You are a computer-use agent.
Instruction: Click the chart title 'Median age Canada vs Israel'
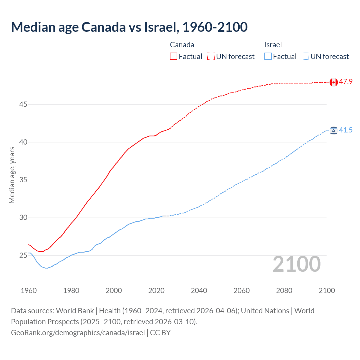point(129,27)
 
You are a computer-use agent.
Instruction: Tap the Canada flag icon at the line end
point(334,82)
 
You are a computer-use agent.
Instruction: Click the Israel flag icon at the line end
point(334,130)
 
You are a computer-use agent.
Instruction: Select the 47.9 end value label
point(346,82)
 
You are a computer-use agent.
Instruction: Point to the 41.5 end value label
point(346,130)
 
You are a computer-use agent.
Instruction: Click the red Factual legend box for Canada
point(174,56)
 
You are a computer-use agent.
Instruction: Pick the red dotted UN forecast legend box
point(211,56)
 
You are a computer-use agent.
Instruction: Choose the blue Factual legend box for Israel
point(268,56)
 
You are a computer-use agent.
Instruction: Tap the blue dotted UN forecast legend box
point(305,56)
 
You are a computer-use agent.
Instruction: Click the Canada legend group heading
point(182,45)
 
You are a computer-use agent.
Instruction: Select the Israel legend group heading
point(273,45)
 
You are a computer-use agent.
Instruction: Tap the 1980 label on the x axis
point(71,291)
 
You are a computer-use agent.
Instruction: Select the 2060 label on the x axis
point(242,291)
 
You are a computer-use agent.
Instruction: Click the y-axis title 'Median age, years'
point(12,175)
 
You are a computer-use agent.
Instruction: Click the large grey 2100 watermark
point(297,264)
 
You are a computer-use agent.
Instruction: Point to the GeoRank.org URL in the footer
point(78,333)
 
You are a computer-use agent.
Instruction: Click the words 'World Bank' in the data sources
point(75,311)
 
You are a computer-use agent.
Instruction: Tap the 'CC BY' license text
point(160,333)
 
